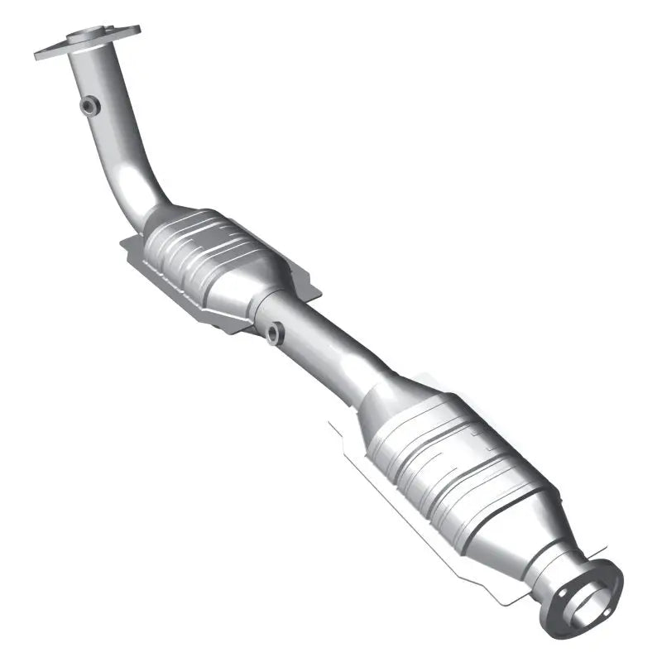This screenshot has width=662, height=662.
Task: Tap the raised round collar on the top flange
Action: [86, 36]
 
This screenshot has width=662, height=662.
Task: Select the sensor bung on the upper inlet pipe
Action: [89, 105]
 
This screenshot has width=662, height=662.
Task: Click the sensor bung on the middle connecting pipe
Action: [273, 332]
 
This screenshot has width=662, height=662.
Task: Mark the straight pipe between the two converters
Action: [331, 348]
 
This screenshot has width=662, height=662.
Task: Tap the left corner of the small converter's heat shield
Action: [124, 242]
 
